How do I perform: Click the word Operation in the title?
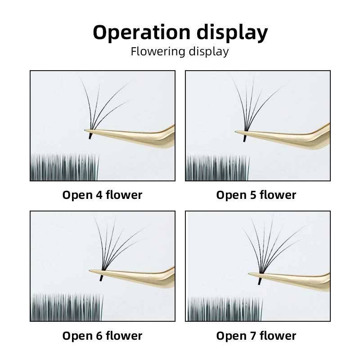pyautogui.click(x=139, y=32)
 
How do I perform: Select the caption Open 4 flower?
pyautogui.click(x=102, y=195)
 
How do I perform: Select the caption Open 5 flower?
pyautogui.click(x=256, y=195)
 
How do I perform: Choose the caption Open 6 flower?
pyautogui.click(x=102, y=335)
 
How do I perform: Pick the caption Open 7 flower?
pyautogui.click(x=256, y=335)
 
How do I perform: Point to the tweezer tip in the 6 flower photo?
pyautogui.click(x=92, y=271)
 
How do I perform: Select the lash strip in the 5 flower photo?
pyautogui.click(x=217, y=168)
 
